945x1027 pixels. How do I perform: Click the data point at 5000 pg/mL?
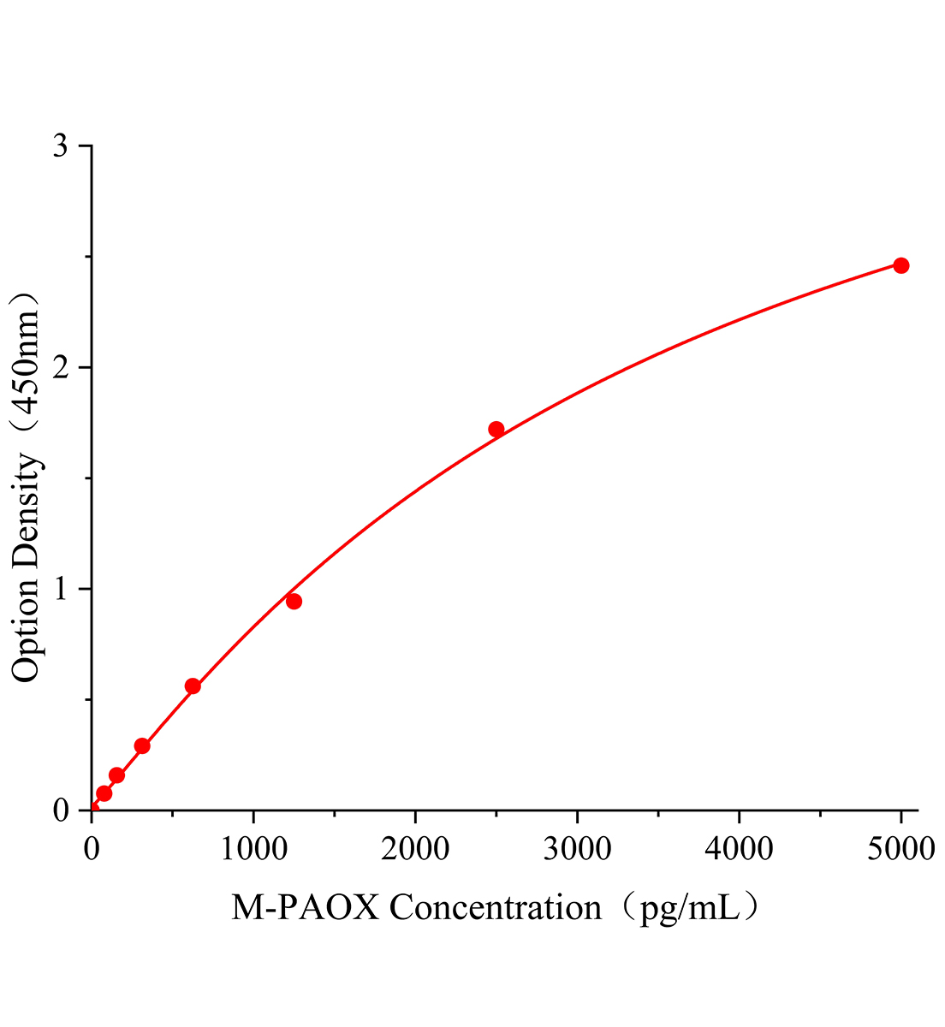tap(900, 265)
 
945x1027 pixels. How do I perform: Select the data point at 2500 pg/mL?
tap(496, 430)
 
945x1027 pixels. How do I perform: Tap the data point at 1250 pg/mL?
tap(294, 602)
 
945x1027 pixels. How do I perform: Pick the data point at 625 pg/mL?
tap(193, 686)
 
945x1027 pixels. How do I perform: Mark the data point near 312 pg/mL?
tap(142, 746)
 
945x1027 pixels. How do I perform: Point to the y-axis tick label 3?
tap(60, 146)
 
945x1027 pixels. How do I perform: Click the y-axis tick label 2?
tap(60, 368)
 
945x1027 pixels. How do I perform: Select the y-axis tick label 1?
tap(60, 590)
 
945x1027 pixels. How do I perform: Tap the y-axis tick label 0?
tap(60, 810)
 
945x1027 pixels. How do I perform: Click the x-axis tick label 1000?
tap(253, 849)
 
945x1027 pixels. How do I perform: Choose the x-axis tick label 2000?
tap(415, 849)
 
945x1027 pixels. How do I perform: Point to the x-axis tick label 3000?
tap(577, 849)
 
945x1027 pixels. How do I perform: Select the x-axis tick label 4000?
tap(739, 849)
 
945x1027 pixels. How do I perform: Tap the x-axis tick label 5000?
tap(900, 849)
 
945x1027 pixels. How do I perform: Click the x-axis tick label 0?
tap(92, 849)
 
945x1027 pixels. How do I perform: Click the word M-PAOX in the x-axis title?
tap(305, 908)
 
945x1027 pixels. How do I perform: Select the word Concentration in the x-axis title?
tap(496, 908)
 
